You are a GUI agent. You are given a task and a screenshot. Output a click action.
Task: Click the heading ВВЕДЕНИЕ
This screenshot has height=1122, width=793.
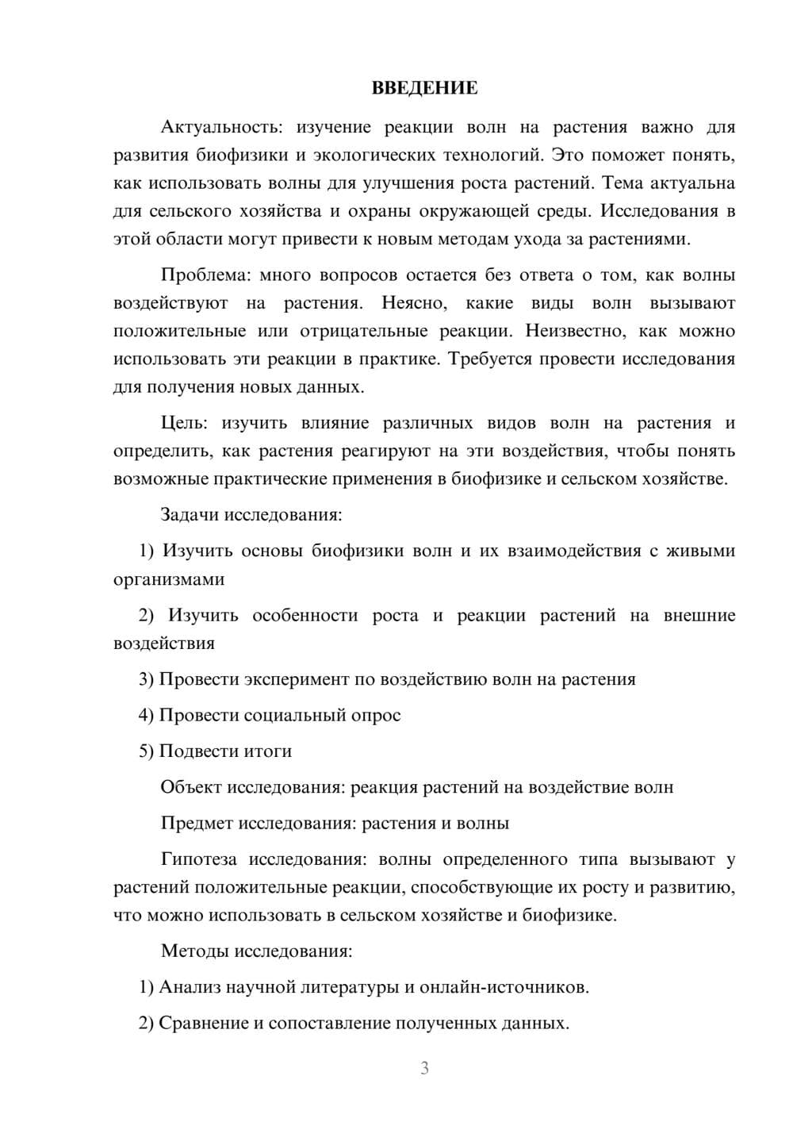(x=424, y=88)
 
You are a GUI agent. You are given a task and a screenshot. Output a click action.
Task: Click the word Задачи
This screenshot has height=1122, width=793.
(x=190, y=515)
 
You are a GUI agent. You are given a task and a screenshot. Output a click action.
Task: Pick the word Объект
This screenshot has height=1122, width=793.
(x=191, y=787)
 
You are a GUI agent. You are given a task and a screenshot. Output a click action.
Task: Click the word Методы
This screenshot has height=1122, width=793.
(x=193, y=951)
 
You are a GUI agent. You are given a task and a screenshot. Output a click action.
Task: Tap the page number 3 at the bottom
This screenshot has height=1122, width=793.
(x=424, y=1068)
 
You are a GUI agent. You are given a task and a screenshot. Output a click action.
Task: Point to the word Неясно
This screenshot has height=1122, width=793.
(x=415, y=303)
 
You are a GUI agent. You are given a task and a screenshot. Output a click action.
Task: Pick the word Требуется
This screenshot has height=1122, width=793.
(x=490, y=359)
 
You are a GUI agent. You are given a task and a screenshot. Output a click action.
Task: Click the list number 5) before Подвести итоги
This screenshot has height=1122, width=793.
(x=146, y=751)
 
